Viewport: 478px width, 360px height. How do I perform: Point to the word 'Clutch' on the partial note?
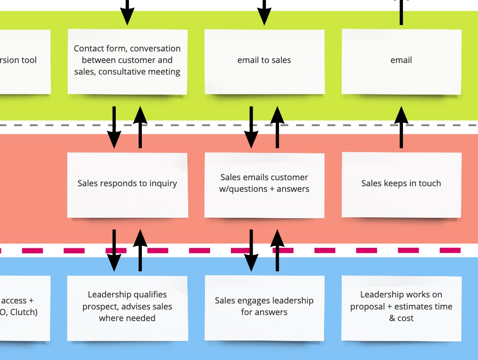23,312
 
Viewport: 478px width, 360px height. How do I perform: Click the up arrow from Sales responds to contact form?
140,127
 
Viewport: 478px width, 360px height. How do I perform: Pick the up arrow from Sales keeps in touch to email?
401,127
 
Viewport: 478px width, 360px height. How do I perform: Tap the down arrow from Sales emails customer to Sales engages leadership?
251,250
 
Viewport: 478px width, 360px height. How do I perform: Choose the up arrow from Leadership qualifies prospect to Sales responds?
140,250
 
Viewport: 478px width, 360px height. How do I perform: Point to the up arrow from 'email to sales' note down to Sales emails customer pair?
277,127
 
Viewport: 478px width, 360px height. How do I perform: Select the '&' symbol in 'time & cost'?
392,318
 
